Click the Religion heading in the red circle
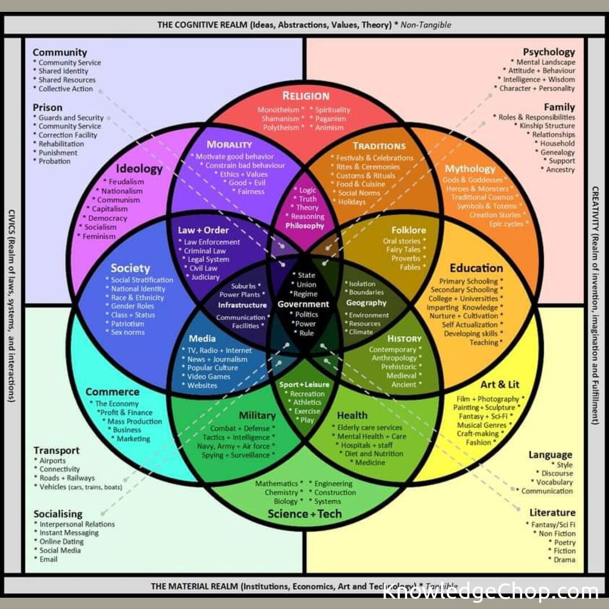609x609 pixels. click(306, 96)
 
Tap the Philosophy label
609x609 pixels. click(305, 226)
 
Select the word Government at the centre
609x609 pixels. click(303, 304)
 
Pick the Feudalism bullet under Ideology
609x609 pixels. click(126, 182)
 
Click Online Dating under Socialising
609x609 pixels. click(61, 542)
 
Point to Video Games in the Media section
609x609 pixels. click(209, 377)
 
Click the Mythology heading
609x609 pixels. click(470, 169)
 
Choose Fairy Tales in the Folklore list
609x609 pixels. click(403, 250)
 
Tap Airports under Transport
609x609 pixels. click(52, 461)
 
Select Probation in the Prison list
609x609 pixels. click(55, 161)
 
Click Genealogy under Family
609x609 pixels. click(557, 152)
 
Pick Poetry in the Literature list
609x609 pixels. click(564, 542)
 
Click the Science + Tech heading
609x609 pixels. click(304, 514)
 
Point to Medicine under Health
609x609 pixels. click(370, 462)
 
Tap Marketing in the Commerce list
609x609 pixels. click(133, 439)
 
